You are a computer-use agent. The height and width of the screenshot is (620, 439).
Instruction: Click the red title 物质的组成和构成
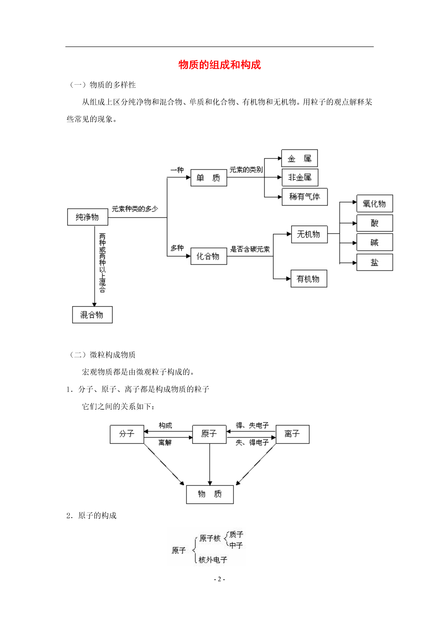coord(219,65)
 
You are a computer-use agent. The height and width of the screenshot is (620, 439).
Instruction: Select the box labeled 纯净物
coord(88,217)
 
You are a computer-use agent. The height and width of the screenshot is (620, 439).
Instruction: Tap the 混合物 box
coord(92,315)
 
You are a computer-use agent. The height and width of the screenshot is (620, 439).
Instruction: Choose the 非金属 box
coord(300,177)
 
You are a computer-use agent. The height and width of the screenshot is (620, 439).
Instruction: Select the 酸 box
coord(375,223)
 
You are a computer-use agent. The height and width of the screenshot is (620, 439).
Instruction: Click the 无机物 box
coord(309,234)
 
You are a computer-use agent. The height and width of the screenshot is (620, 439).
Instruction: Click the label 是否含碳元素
coord(250,249)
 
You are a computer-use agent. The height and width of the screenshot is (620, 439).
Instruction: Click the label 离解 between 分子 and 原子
coord(165,442)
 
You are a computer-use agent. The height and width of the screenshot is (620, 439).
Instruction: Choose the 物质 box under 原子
coord(210,494)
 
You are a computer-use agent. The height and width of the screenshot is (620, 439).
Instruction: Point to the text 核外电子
coord(213,560)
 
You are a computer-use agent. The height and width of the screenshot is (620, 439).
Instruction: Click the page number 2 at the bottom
coord(219,579)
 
